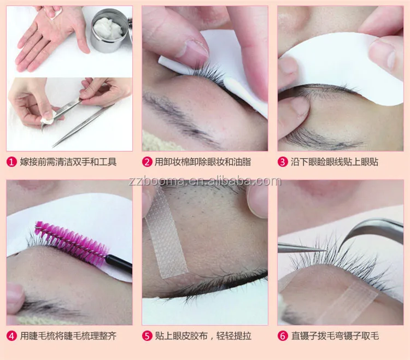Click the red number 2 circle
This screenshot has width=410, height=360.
(147, 162)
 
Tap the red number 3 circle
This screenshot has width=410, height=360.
(283, 162)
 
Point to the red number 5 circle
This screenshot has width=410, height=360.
(147, 336)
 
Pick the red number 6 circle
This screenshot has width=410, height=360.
(283, 336)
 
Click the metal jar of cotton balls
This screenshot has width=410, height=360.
(110, 31)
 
